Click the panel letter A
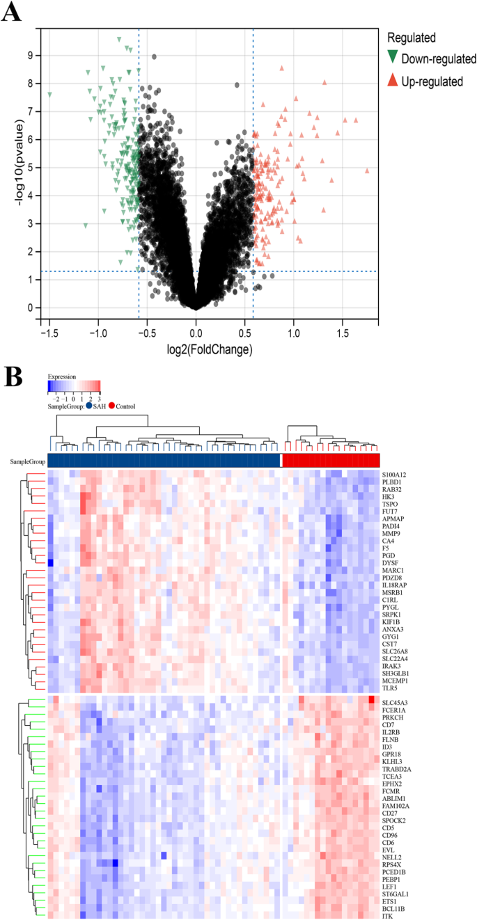(13, 13)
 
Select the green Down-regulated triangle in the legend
(393, 58)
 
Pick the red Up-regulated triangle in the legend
(393, 81)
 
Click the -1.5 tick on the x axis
(49, 333)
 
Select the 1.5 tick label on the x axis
(343, 333)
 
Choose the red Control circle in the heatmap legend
(112, 406)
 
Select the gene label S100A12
(395, 475)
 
